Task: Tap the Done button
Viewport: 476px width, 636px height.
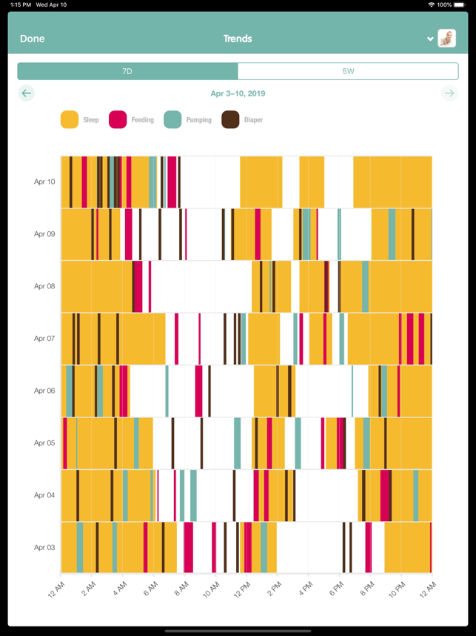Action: [32, 39]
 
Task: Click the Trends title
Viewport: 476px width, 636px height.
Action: [238, 39]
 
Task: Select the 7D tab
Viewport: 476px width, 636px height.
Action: [127, 71]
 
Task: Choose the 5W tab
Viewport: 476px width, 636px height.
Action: [348, 71]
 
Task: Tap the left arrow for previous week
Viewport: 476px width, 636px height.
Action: [27, 93]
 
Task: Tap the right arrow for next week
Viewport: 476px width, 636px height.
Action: [449, 93]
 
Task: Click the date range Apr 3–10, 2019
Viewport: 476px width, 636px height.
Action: [238, 93]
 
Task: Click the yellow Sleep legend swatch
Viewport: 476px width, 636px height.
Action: [70, 119]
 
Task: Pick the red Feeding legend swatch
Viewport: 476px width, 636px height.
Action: [118, 119]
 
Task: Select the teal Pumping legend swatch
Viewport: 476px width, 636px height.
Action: [172, 119]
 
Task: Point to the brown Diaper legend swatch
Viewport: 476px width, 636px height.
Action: [230, 119]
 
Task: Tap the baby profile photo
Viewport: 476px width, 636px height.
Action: [446, 39]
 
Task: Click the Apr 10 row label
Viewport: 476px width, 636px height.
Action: [44, 182]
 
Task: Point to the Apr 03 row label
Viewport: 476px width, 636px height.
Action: [44, 548]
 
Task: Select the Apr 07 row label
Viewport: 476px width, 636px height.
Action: [44, 339]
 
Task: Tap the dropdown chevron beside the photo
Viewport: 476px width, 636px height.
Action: [430, 39]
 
